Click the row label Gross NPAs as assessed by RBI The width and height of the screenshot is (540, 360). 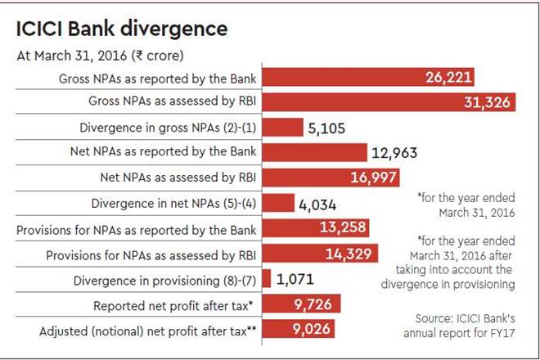[x=169, y=103]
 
